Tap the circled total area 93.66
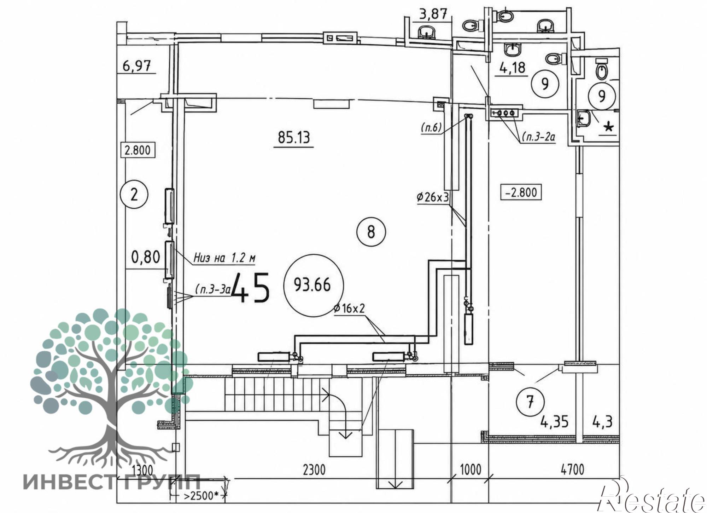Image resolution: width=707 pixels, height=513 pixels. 313,285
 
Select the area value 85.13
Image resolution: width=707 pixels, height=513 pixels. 294,137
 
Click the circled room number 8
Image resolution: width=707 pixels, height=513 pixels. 371,232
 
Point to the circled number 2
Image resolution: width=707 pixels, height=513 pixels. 134,195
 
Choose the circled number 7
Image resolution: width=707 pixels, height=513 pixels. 530,402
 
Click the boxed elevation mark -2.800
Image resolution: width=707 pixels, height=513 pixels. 521,192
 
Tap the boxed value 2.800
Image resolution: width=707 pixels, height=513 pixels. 138,150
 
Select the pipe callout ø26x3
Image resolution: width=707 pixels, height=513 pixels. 433,197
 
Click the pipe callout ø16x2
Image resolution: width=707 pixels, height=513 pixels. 349,309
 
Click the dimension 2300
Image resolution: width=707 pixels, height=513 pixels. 314,470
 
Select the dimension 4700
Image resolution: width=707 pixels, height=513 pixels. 572,470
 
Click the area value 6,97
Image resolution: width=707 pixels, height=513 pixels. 136,66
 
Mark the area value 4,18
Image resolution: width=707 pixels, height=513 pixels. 512,67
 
